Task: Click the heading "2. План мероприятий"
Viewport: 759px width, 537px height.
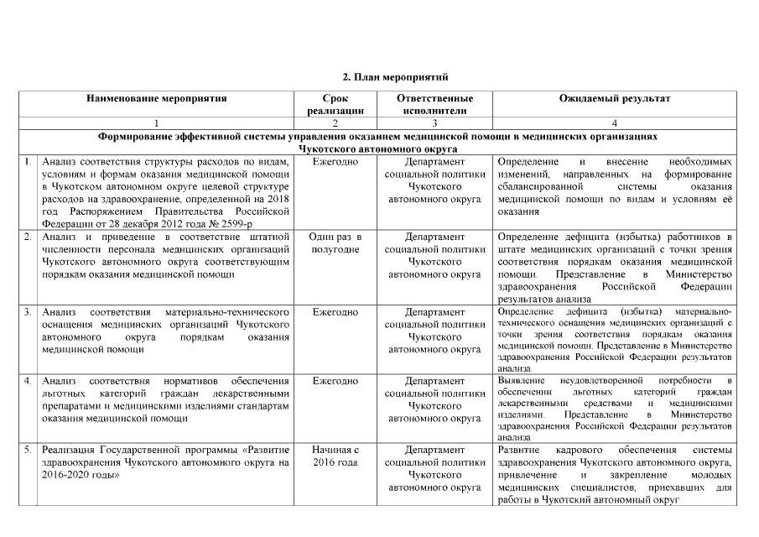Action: point(379,77)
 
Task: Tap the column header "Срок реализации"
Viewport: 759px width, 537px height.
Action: point(335,104)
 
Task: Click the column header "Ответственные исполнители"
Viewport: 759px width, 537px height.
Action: point(434,104)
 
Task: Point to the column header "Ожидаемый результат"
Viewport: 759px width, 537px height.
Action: point(615,98)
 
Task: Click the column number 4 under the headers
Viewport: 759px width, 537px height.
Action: point(615,123)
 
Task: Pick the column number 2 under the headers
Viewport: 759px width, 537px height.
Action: point(335,123)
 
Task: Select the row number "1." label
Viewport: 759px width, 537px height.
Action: point(29,160)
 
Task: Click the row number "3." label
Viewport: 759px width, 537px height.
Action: point(29,312)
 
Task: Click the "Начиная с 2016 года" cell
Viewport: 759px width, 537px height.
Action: point(335,456)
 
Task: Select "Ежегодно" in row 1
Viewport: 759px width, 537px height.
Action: point(335,160)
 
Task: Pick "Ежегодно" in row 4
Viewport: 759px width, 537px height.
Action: point(335,381)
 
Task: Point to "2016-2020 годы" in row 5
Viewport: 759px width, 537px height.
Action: point(76,475)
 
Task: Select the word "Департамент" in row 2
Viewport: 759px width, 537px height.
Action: point(434,237)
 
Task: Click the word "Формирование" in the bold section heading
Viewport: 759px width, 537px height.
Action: point(137,135)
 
